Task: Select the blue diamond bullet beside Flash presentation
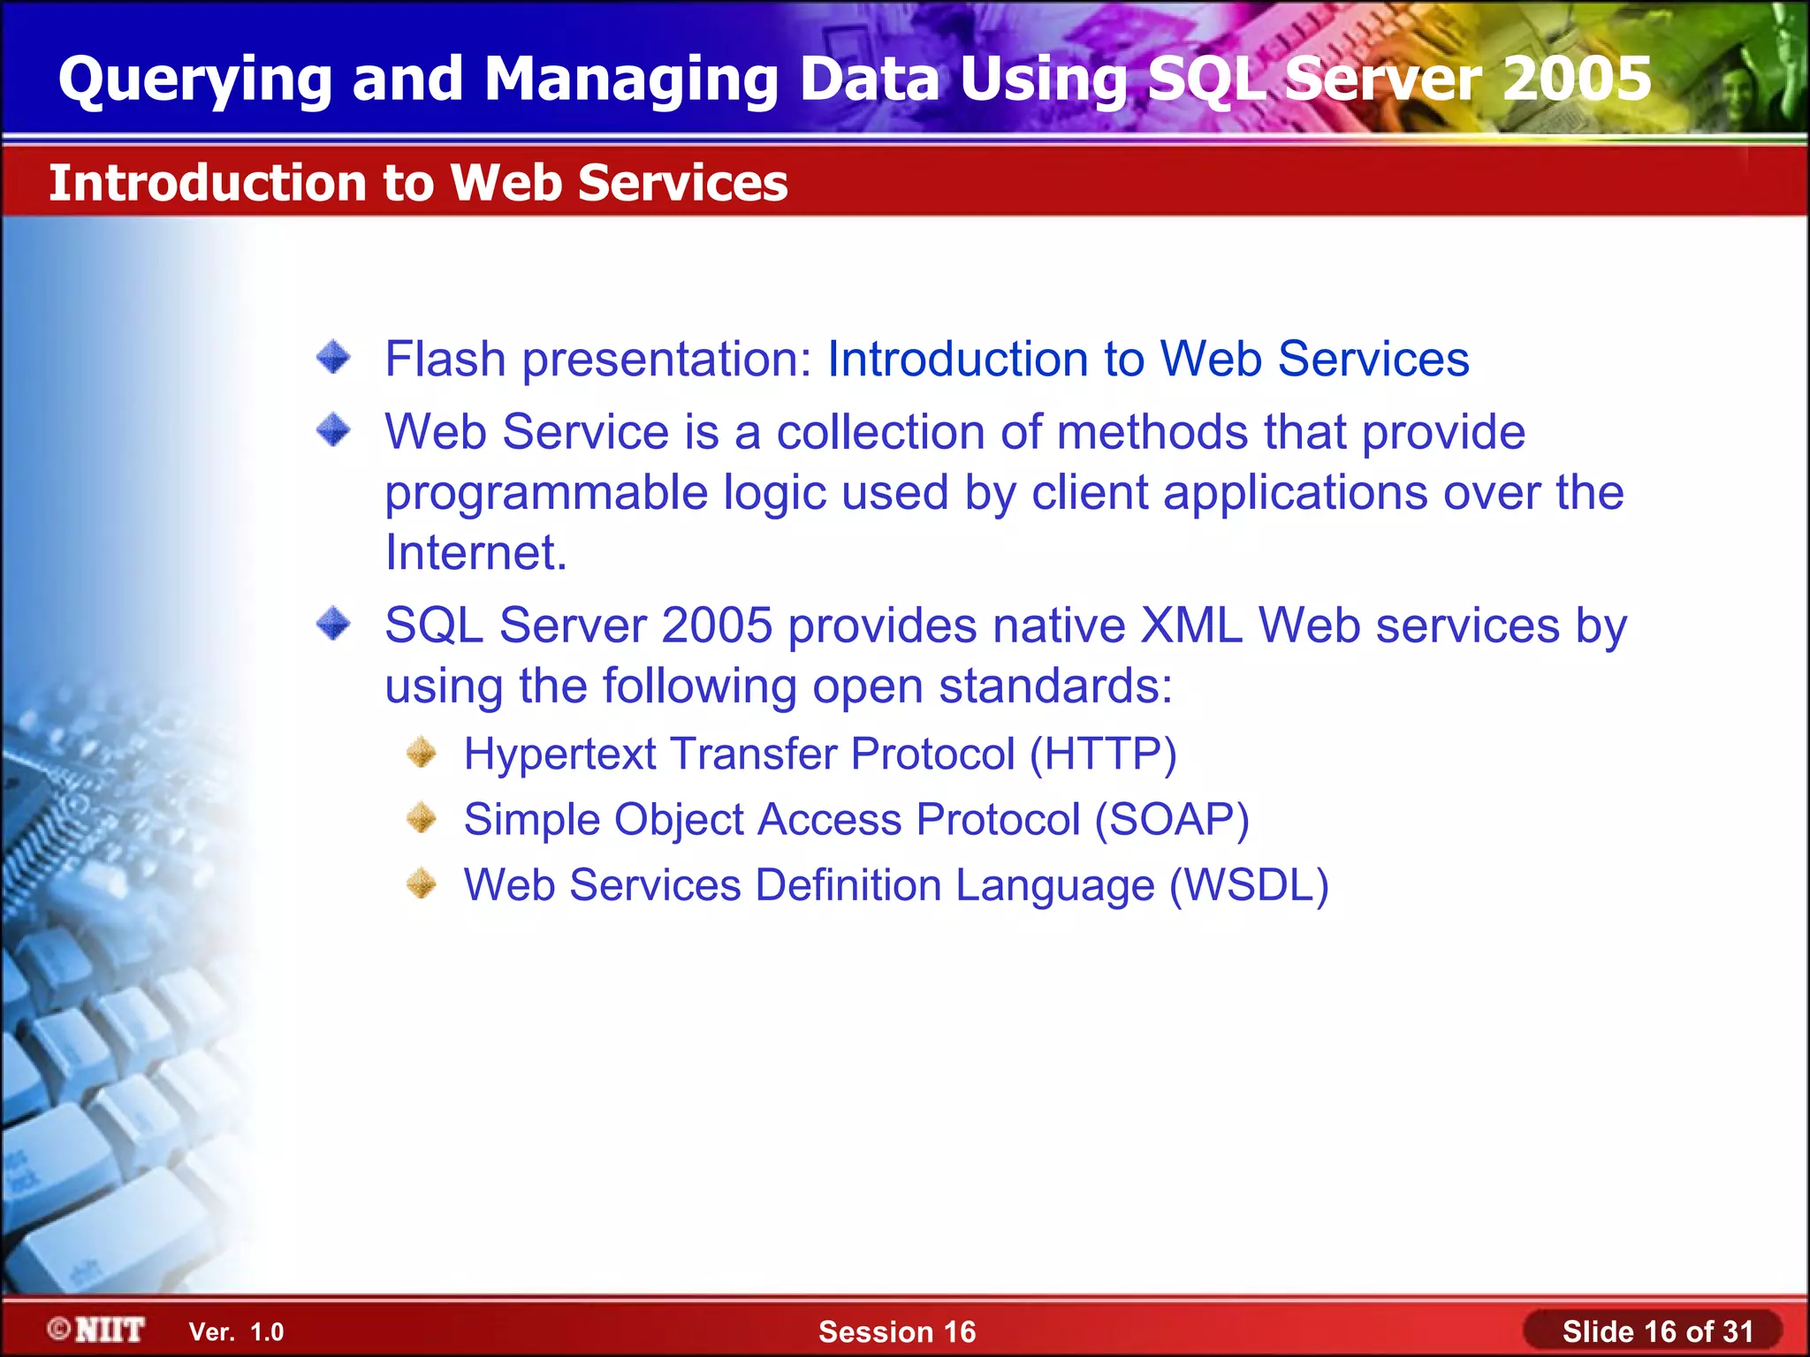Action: click(x=333, y=358)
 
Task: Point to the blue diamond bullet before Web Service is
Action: click(x=333, y=431)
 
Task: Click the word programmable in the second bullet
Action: click(x=546, y=493)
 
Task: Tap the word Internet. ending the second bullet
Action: click(x=475, y=553)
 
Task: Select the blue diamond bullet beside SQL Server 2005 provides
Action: click(x=333, y=624)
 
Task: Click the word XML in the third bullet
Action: click(x=1190, y=625)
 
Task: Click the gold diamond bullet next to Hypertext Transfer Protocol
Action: click(x=422, y=753)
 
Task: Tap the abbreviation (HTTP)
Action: click(x=1102, y=754)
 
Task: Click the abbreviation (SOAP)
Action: click(x=1171, y=820)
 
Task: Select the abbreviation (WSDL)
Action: click(x=1249, y=885)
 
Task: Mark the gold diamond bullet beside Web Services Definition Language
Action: click(x=422, y=883)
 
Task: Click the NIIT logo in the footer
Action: click(x=96, y=1330)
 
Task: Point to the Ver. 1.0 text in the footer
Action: click(x=236, y=1332)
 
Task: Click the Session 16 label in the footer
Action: click(x=896, y=1331)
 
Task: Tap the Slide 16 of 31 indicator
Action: click(x=1656, y=1331)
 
